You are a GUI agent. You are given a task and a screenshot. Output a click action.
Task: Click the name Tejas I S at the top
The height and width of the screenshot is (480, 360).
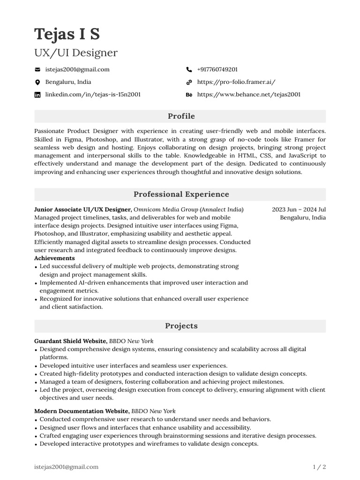(67, 34)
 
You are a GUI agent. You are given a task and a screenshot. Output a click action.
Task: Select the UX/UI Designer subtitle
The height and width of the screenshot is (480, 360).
(76, 53)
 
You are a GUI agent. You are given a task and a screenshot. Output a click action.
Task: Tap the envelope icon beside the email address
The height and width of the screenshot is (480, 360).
(37, 69)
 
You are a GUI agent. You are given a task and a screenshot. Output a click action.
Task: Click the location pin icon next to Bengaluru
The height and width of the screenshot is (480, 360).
(37, 82)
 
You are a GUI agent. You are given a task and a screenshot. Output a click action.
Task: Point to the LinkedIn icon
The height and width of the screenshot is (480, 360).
(37, 95)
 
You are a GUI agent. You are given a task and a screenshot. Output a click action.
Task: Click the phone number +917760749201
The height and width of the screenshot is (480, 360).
(217, 69)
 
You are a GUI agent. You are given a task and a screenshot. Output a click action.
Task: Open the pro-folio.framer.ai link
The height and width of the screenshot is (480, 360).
(236, 82)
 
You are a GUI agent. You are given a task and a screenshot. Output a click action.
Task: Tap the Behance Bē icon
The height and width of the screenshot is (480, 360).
(189, 95)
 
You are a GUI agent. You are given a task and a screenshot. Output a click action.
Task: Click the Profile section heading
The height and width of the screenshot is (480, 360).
(181, 116)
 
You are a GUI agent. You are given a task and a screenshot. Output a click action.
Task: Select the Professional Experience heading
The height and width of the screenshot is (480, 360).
(181, 194)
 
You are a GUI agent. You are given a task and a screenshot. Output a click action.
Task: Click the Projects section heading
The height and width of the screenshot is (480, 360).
(181, 326)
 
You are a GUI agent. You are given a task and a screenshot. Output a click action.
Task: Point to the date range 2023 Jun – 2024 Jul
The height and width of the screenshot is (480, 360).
(299, 210)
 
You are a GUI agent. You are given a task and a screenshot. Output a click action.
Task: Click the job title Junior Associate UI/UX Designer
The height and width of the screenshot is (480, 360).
(82, 210)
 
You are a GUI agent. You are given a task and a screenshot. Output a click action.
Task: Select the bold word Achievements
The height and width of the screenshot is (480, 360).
(54, 258)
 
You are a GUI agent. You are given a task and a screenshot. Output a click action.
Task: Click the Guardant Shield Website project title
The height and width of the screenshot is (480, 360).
(71, 341)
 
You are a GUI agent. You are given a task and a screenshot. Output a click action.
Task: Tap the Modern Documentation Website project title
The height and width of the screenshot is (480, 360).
(82, 411)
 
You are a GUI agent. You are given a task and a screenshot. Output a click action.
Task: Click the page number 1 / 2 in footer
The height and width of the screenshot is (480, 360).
(319, 467)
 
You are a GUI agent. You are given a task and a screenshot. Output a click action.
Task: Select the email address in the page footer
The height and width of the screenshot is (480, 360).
(66, 467)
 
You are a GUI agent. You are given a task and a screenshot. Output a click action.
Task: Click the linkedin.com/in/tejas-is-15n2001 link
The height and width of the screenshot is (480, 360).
(93, 95)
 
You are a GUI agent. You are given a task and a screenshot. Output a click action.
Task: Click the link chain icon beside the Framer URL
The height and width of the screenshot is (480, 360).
(189, 82)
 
